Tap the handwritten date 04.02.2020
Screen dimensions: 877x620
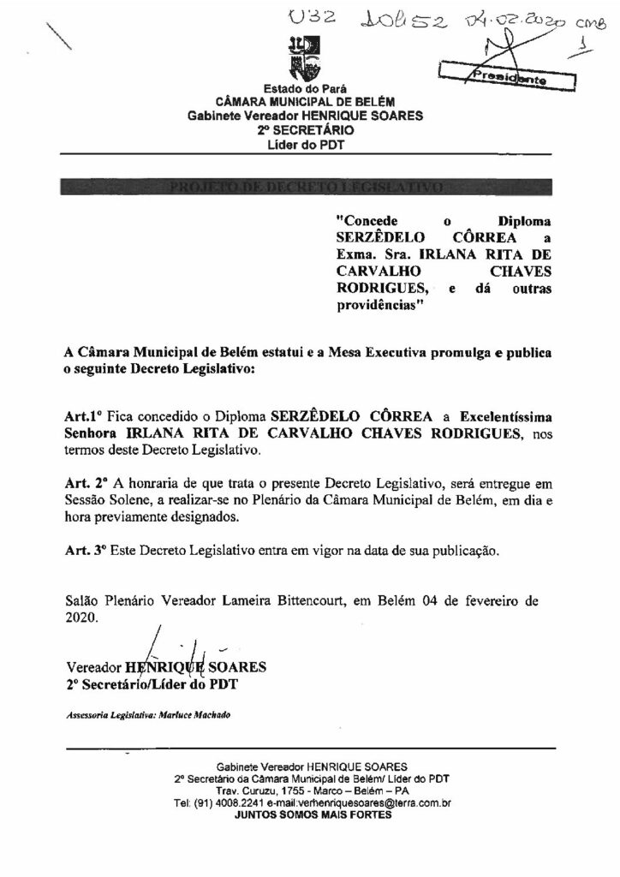tap(507, 20)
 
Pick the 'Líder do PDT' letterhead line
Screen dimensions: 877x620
tap(304, 144)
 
